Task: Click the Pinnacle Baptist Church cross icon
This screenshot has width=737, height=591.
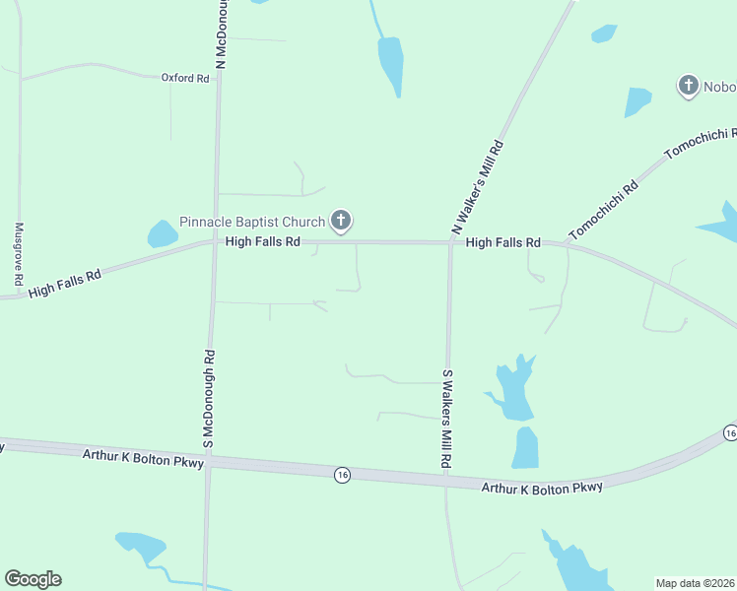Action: click(341, 221)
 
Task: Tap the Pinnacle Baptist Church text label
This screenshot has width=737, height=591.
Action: click(251, 222)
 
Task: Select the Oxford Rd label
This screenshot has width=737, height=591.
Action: click(185, 78)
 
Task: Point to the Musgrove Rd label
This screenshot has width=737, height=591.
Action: click(19, 253)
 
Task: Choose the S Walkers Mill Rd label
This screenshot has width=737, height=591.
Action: click(446, 419)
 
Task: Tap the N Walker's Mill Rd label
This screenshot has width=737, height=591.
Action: click(478, 187)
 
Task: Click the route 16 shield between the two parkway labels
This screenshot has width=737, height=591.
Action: click(341, 474)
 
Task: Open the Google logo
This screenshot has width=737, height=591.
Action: click(33, 579)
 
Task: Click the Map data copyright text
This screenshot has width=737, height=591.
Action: click(694, 583)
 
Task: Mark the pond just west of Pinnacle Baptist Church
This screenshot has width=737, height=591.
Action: click(162, 233)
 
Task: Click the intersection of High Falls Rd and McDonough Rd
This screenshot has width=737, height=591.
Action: click(215, 241)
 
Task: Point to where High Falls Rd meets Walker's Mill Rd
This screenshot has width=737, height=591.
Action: click(450, 242)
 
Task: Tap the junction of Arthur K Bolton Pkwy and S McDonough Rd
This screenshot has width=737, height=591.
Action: click(208, 461)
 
